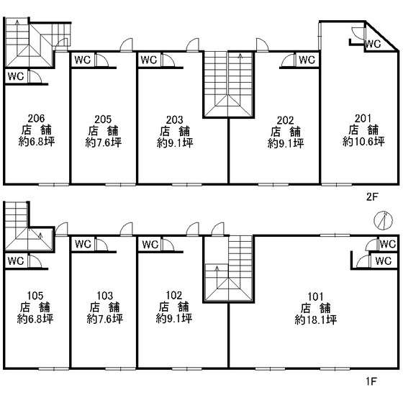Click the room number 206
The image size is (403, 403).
click(36, 118)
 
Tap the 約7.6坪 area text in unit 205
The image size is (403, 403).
click(104, 142)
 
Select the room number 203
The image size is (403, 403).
click(174, 119)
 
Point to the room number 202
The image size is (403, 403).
click(285, 120)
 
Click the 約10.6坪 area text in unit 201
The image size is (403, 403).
click(363, 142)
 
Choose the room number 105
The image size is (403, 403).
click(35, 296)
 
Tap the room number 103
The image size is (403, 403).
click(105, 296)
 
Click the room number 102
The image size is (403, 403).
click(174, 295)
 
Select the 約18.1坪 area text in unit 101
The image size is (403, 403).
click(316, 320)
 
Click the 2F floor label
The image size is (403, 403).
click(372, 197)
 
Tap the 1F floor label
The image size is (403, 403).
click(371, 381)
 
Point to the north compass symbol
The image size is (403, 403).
click(383, 221)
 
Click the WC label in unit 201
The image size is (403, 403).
click(373, 44)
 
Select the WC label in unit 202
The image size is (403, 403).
click(307, 60)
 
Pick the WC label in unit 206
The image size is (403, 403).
click(16, 76)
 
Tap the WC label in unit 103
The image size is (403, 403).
click(83, 244)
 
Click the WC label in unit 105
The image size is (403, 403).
click(16, 261)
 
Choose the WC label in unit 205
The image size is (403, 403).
click(83, 60)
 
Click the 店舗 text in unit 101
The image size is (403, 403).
click(316, 308)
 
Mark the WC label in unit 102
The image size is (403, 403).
click(150, 244)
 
